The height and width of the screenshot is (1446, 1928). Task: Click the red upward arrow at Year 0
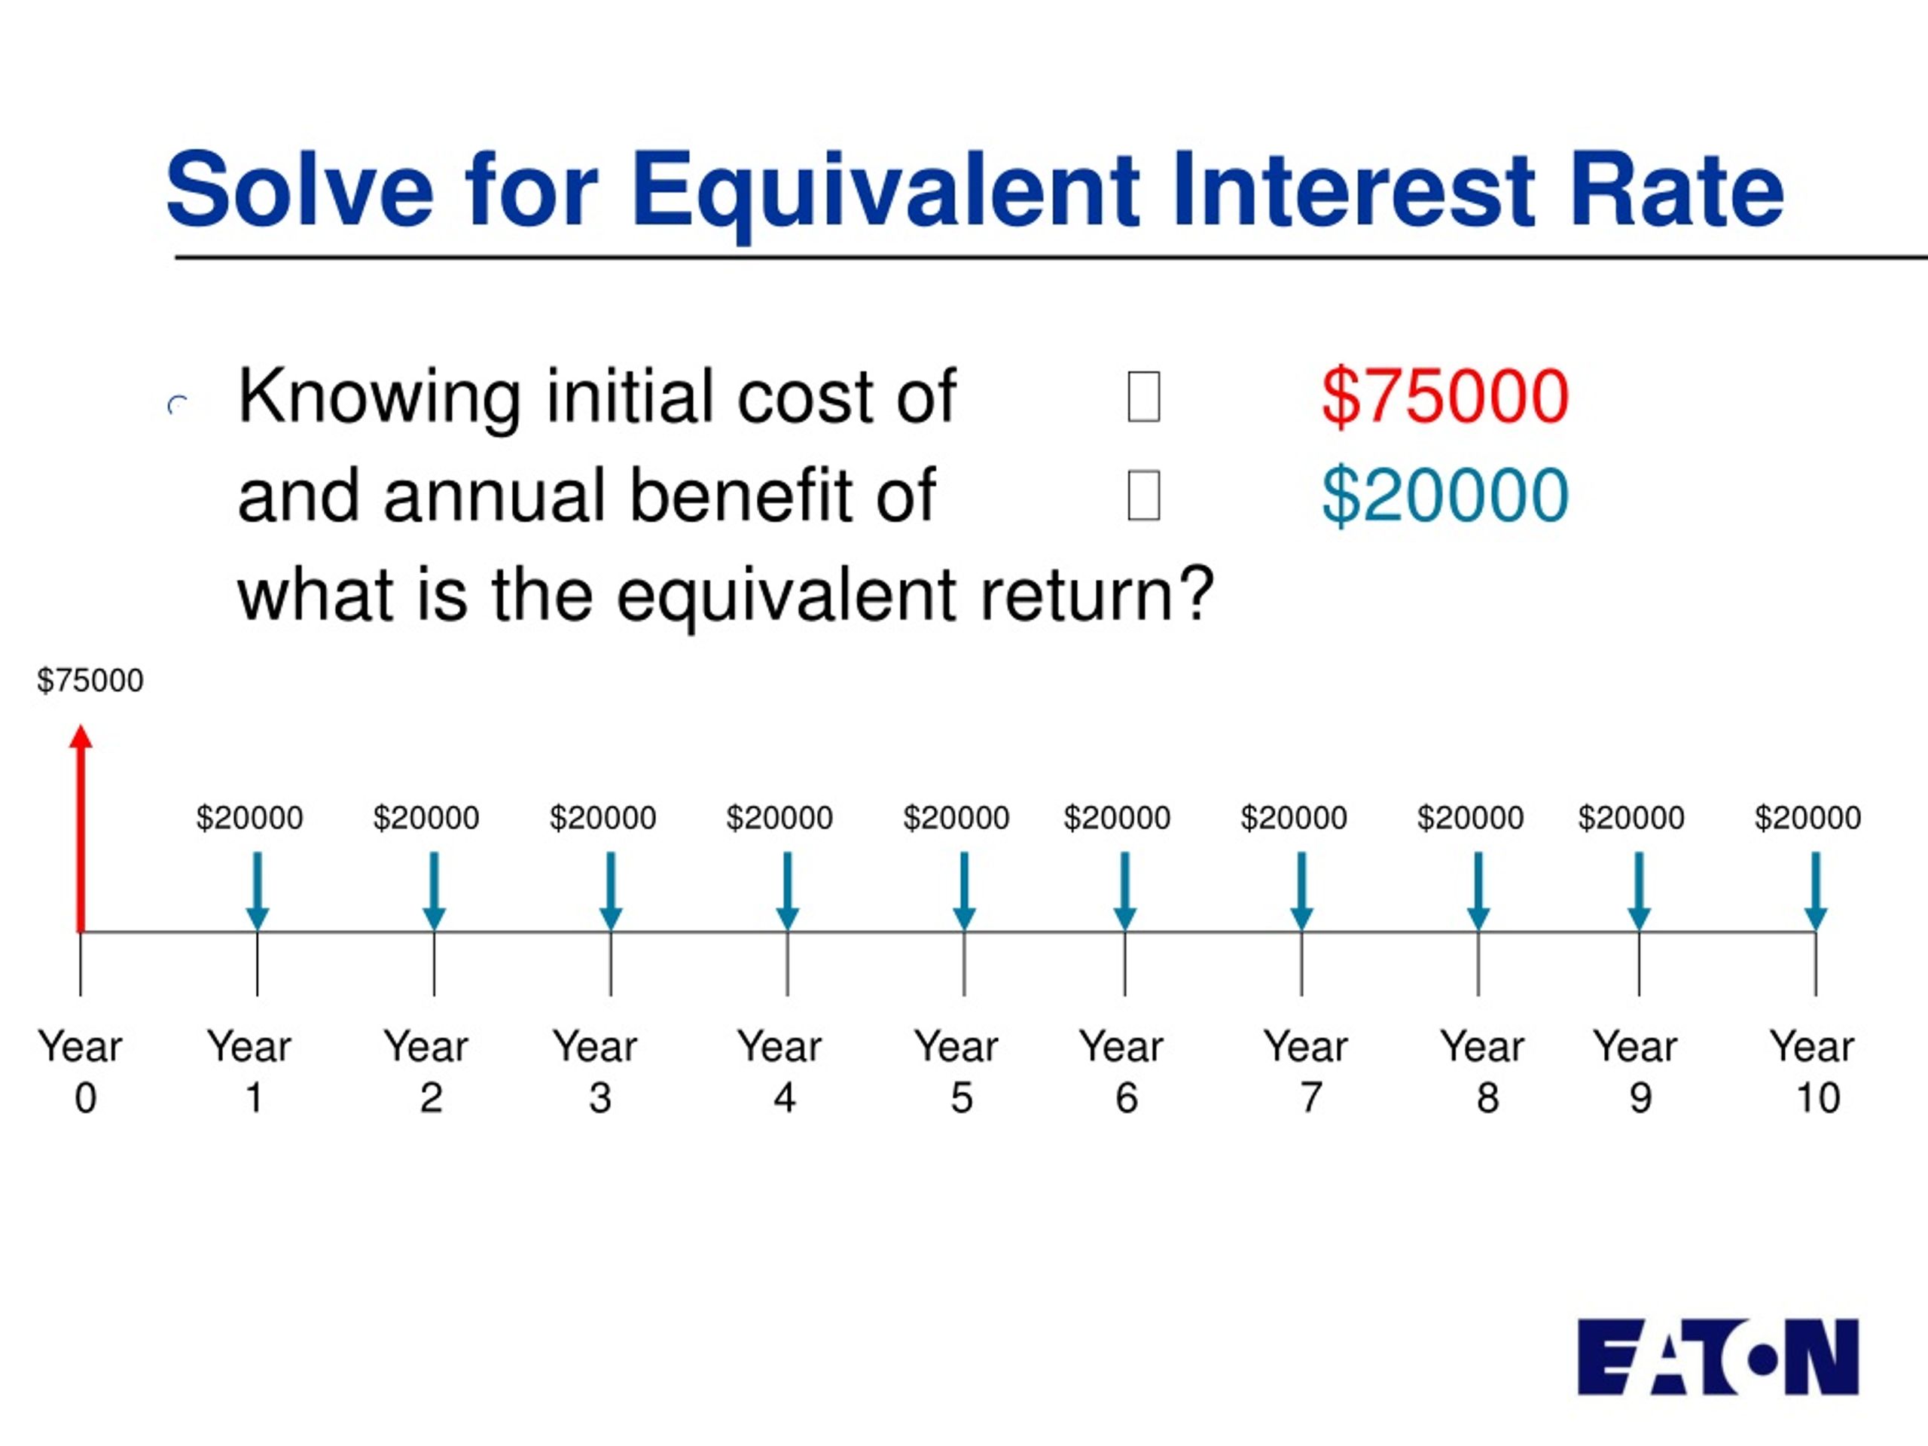[x=81, y=828]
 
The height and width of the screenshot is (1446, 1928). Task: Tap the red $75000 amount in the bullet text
[x=1445, y=397]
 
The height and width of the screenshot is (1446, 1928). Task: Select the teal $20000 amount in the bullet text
[x=1445, y=495]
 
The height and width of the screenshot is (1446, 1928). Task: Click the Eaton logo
[x=1718, y=1357]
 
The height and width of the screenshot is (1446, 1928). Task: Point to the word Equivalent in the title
[x=885, y=190]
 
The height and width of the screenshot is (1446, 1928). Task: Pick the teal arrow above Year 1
[x=257, y=891]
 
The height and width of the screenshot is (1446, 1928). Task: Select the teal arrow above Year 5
[x=964, y=891]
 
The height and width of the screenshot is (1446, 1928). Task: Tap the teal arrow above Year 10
[x=1816, y=891]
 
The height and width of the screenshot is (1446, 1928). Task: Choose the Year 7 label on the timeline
[x=1306, y=1071]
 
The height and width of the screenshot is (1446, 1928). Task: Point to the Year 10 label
[x=1812, y=1071]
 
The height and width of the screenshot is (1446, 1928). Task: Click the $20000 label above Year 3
[x=602, y=818]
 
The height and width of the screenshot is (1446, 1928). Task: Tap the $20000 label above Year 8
[x=1470, y=818]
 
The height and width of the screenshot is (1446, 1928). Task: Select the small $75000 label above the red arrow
[x=90, y=680]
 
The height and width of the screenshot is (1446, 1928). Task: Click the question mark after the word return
[x=1197, y=593]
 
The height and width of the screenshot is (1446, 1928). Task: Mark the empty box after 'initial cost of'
[x=1143, y=397]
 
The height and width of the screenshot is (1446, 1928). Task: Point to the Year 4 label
[x=779, y=1071]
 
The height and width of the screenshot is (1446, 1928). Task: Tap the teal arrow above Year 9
[x=1639, y=891]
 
